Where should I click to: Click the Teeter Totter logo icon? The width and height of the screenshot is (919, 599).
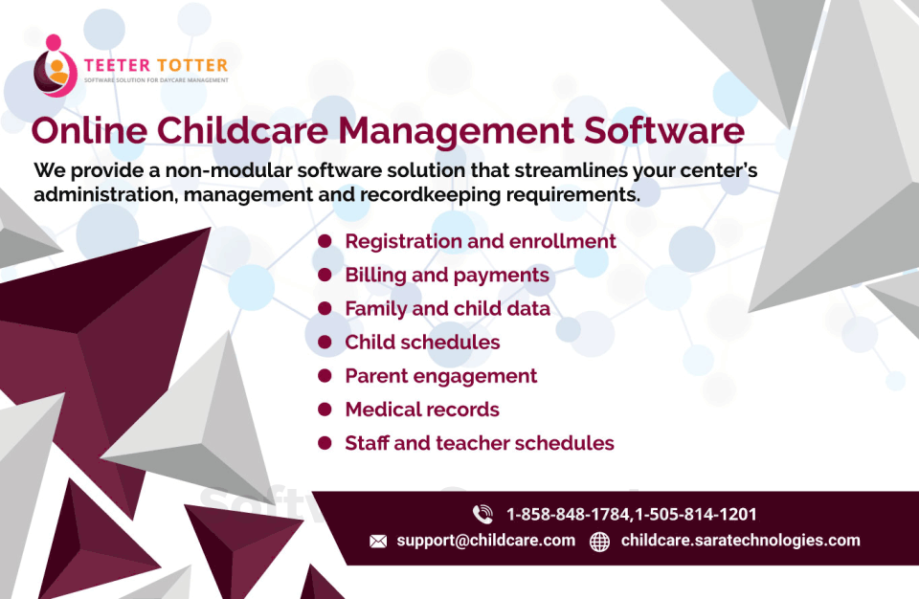56,66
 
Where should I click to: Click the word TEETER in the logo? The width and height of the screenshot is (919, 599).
117,65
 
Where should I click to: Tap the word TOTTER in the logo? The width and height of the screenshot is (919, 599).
192,65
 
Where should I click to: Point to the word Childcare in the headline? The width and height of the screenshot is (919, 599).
242,130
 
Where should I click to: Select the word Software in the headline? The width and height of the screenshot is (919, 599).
664,130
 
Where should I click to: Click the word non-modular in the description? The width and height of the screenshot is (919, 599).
228,170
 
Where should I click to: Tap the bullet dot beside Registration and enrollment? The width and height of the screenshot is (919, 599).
325,241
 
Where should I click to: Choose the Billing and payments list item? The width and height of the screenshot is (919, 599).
447,276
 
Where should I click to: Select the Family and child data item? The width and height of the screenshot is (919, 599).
447,308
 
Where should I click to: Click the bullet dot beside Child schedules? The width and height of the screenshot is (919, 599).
325,342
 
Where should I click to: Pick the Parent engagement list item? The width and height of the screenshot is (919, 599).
440,376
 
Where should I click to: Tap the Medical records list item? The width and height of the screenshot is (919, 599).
422,410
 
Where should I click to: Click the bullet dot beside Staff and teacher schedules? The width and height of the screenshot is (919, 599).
325,442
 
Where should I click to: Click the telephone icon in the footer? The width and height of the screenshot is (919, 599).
482,514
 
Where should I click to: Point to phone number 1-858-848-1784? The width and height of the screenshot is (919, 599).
568,514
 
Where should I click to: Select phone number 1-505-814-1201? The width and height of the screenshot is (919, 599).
696,514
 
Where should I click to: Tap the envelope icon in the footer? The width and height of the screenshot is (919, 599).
378,541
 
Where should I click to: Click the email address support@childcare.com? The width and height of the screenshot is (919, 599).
486,541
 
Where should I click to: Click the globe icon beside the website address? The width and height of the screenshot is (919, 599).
599,541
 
